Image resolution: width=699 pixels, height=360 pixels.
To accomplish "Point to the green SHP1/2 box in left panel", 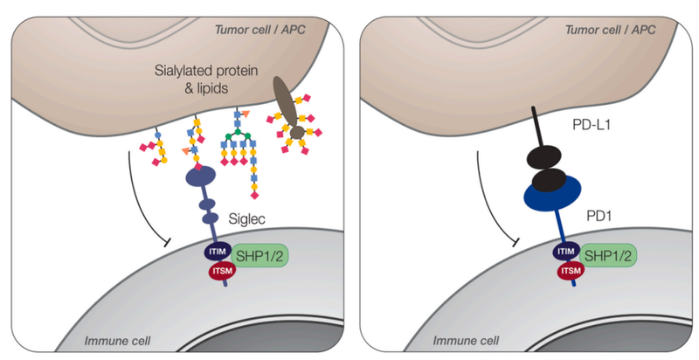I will pyautogui.click(x=265, y=258).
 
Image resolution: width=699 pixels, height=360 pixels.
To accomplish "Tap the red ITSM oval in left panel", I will pyautogui.click(x=221, y=273).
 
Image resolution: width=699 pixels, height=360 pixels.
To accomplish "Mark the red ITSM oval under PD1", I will pyautogui.click(x=570, y=272).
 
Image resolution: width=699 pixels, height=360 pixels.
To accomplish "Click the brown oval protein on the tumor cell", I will pyautogui.click(x=287, y=99).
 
